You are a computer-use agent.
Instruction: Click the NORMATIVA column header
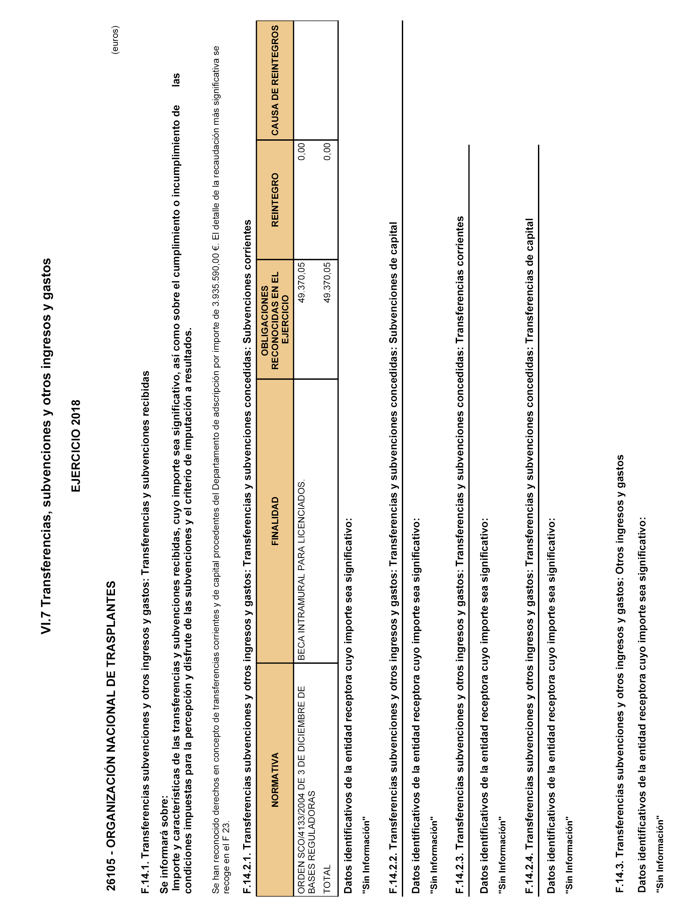(275, 779)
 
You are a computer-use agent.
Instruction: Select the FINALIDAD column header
(275, 521)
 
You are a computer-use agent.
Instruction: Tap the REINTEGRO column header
(275, 199)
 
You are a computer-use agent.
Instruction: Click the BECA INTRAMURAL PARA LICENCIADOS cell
(301, 570)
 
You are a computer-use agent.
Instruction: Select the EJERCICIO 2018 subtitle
(76, 445)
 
